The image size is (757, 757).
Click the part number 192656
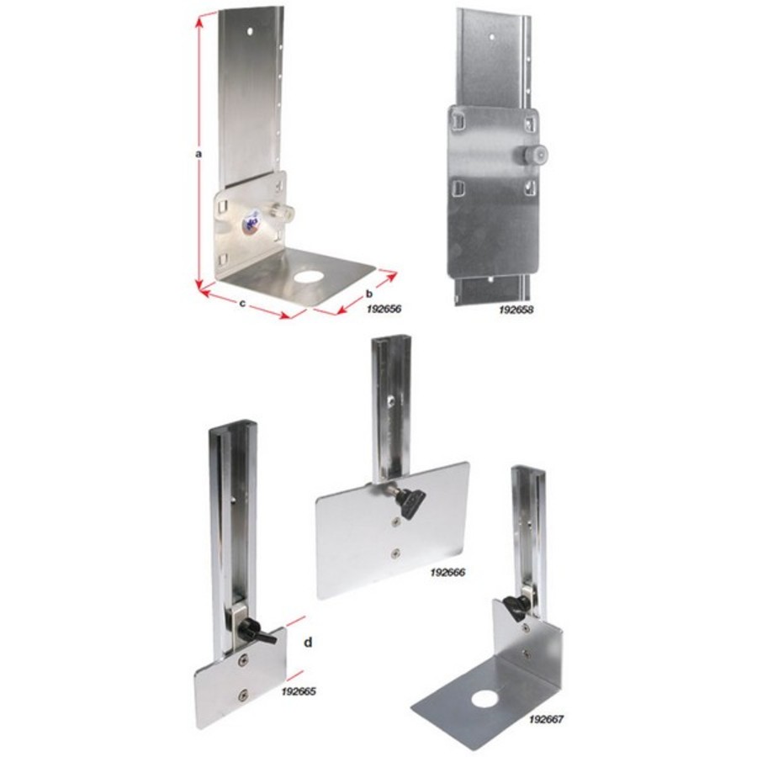(383, 309)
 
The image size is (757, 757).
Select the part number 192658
(516, 310)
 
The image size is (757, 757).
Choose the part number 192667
(547, 719)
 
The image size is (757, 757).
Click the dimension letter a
(197, 154)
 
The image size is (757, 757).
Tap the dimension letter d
(309, 643)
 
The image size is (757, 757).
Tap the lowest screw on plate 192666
(396, 553)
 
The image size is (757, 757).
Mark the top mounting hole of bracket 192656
(249, 31)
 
